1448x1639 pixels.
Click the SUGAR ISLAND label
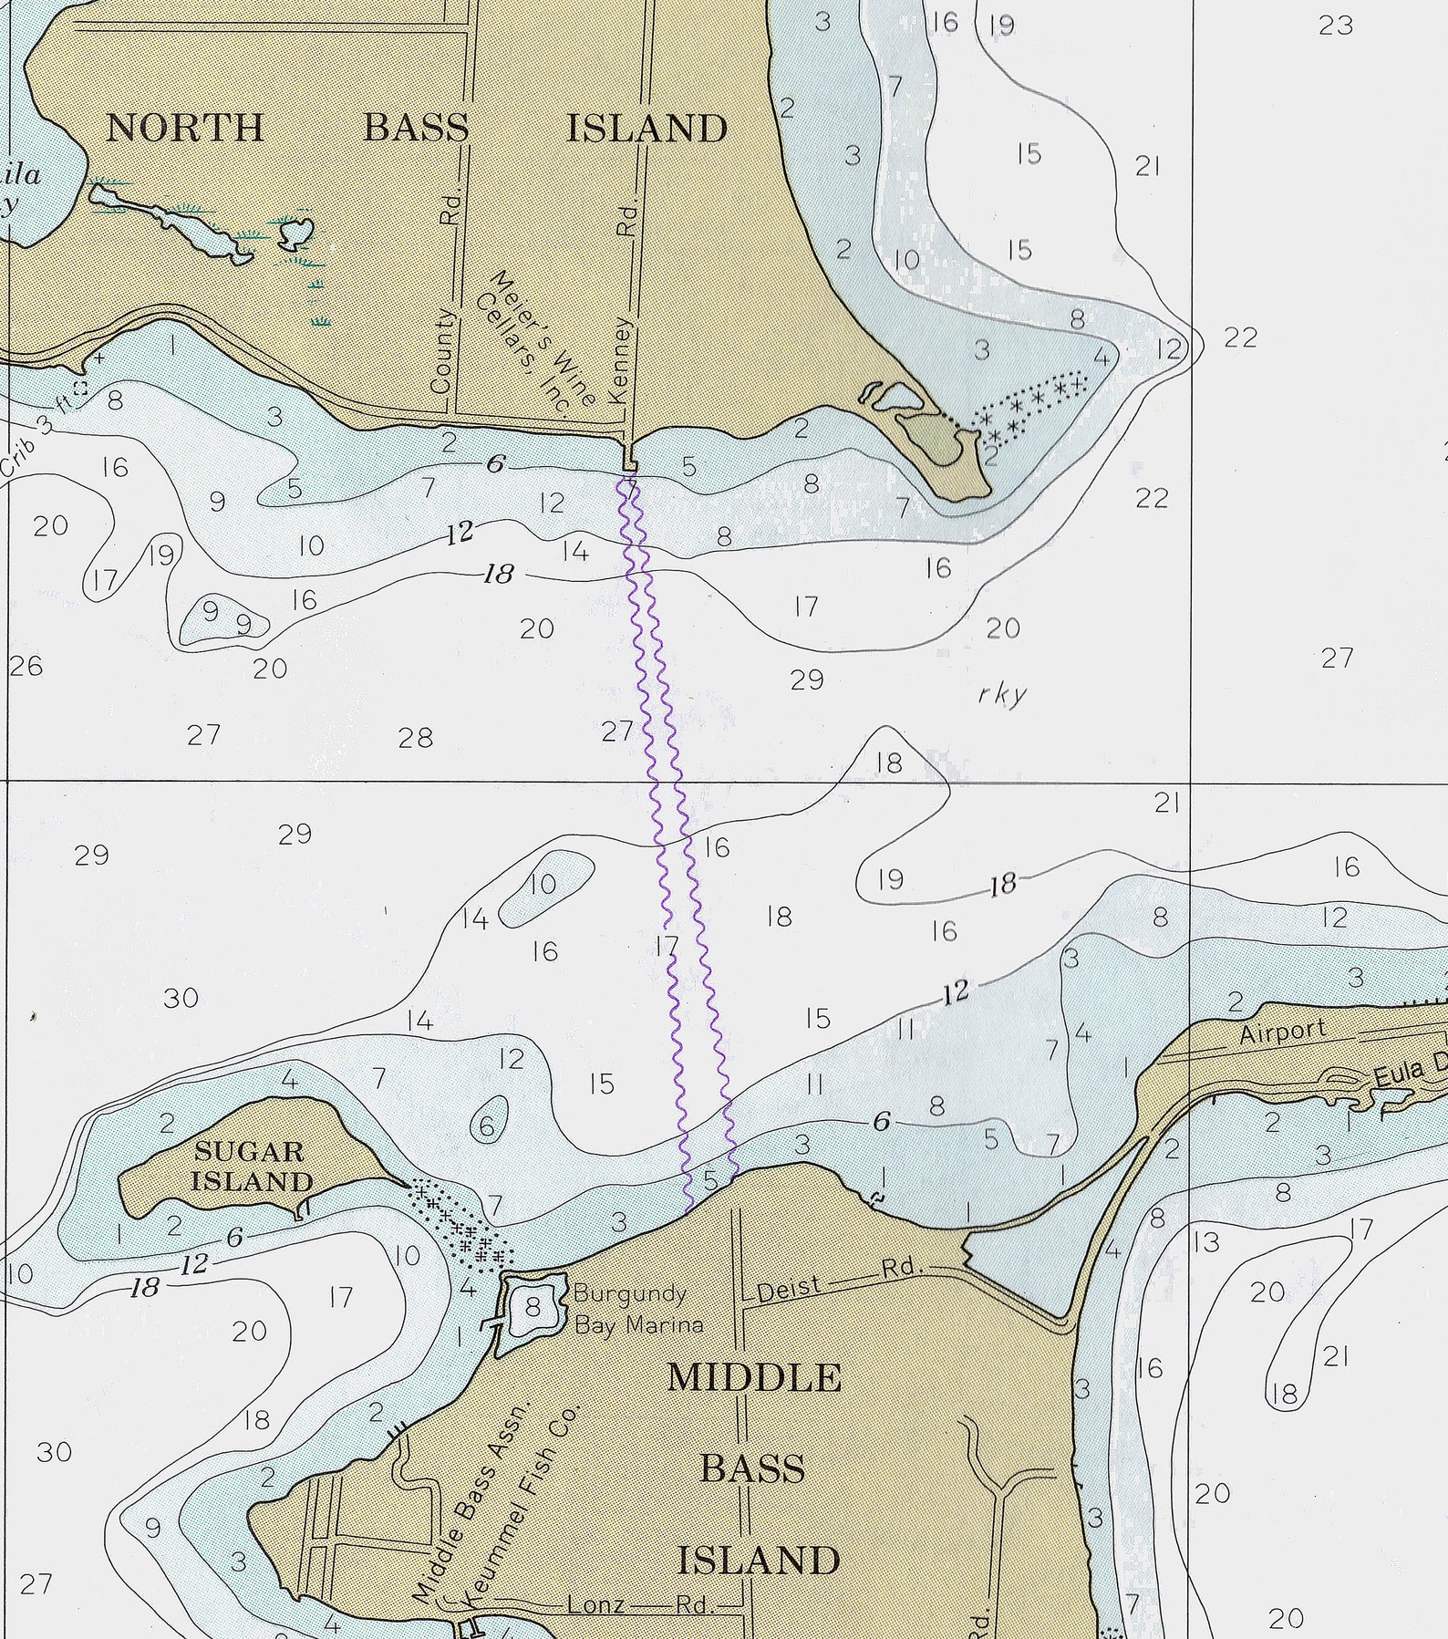[252, 1166]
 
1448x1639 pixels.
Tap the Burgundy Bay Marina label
[637, 1309]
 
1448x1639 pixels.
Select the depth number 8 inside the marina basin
[533, 1307]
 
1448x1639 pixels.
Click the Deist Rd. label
[840, 1278]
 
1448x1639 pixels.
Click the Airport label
[1282, 1032]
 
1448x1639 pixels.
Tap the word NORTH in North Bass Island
[185, 128]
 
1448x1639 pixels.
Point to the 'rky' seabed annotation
[1001, 694]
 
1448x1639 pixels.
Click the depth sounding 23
[1335, 26]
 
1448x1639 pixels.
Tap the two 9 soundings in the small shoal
[227, 617]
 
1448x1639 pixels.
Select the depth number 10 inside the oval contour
[543, 883]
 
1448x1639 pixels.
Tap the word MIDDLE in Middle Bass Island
[753, 1378]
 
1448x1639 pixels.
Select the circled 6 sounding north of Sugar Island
[487, 1126]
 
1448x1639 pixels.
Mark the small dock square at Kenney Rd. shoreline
[628, 461]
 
